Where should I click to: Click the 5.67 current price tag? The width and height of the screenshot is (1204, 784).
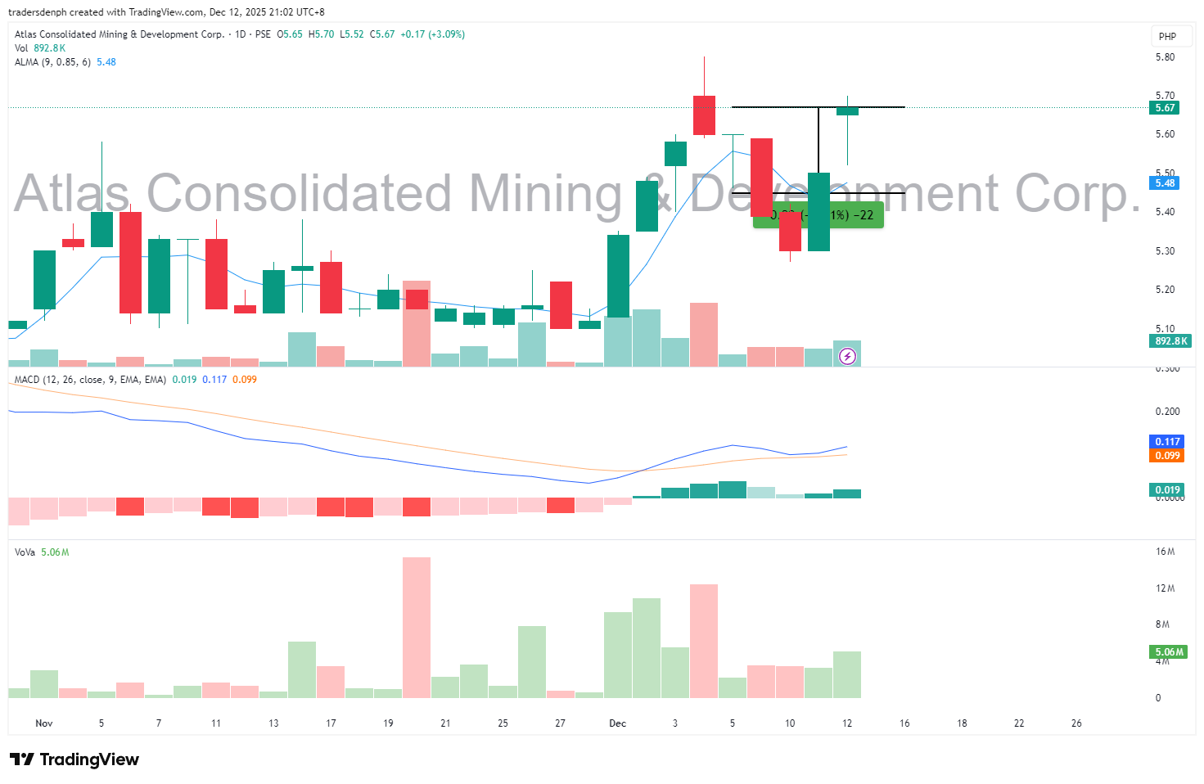tap(1165, 108)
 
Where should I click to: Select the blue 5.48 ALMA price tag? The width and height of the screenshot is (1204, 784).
tap(1165, 183)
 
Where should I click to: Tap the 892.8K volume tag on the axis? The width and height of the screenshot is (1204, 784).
tap(1170, 341)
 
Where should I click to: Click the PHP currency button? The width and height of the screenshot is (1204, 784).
tap(1167, 37)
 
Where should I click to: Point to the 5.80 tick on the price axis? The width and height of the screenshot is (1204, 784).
tap(1165, 57)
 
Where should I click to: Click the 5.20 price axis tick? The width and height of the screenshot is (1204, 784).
tap(1165, 290)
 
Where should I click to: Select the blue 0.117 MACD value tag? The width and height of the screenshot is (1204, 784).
tap(1167, 442)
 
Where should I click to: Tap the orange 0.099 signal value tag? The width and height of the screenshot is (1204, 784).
tap(1167, 456)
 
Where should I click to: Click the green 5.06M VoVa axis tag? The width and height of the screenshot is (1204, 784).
tap(1169, 652)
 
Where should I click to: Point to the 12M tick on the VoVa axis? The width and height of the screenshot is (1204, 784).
tap(1165, 588)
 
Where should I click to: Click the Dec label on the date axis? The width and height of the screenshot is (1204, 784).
tap(618, 723)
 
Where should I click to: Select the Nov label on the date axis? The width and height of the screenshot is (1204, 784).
tap(44, 723)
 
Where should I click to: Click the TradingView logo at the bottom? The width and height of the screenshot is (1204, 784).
tap(74, 759)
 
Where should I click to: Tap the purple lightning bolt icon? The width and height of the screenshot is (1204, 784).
tap(848, 356)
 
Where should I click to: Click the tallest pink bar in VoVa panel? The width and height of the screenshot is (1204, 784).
tap(417, 627)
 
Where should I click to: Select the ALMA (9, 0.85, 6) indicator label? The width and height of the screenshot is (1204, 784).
tap(52, 62)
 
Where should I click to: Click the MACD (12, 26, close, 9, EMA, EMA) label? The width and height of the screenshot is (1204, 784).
tap(90, 380)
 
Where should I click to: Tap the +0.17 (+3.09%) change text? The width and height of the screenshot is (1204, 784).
tap(432, 34)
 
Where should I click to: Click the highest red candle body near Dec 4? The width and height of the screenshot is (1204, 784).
tap(704, 115)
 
